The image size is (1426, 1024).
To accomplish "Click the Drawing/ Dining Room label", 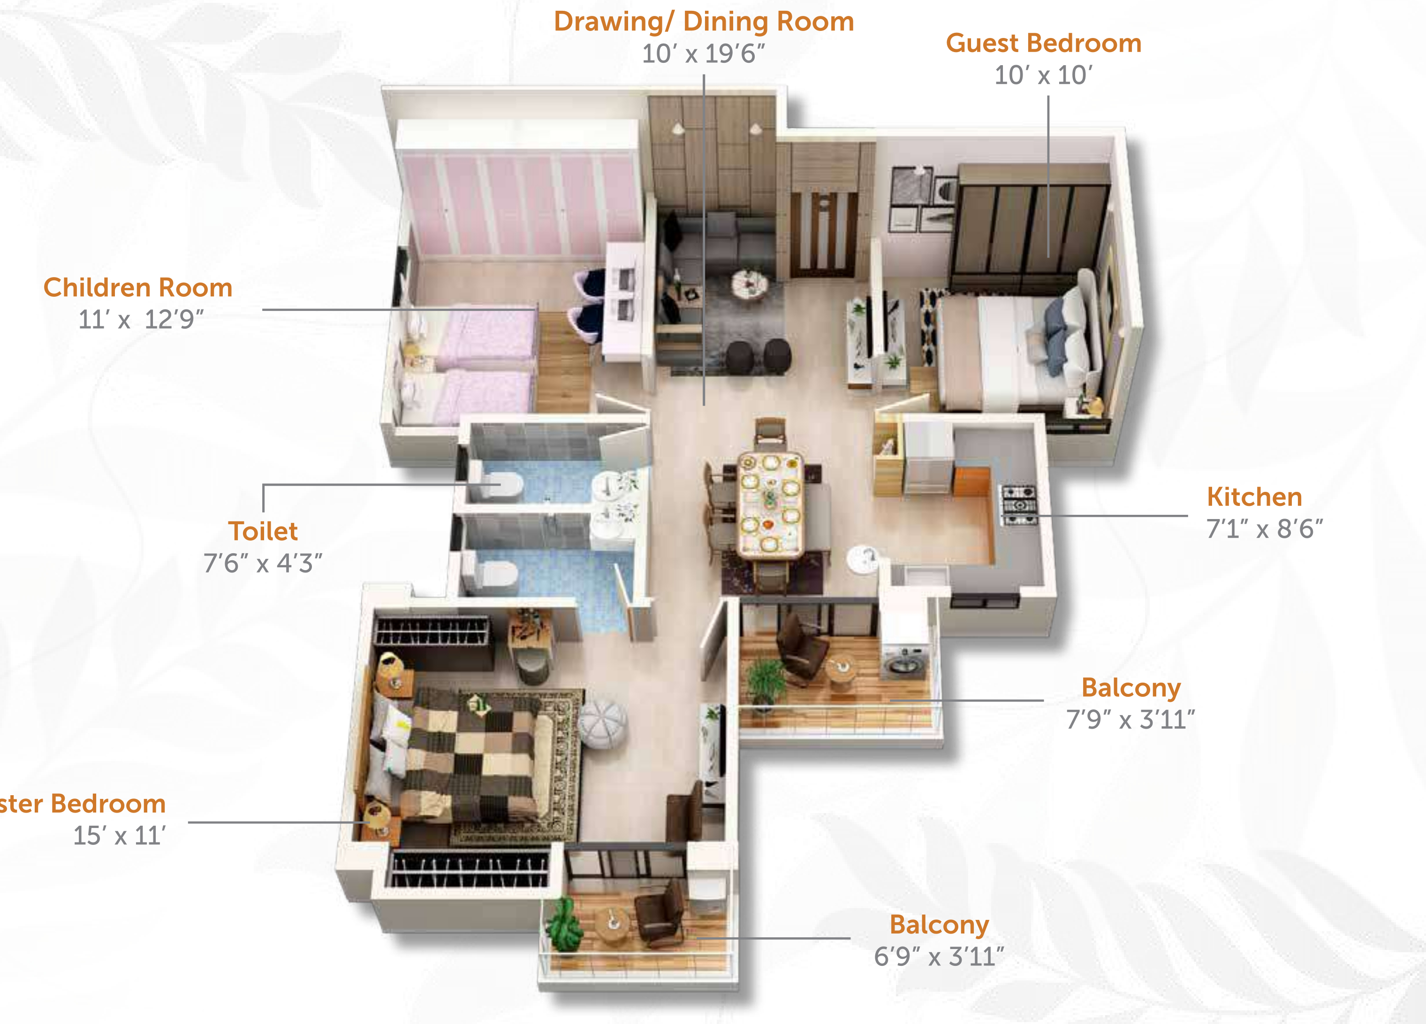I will (704, 22).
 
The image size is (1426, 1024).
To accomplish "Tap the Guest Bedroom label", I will (1044, 44).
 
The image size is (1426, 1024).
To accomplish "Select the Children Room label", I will (138, 288).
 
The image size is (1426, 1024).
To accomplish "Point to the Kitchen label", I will (1254, 497).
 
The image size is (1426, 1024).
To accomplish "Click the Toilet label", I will (263, 532).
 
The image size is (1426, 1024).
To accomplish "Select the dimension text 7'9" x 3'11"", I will (1130, 720).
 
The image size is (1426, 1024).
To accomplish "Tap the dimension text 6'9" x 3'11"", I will (939, 957).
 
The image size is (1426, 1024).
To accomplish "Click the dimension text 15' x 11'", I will (120, 836).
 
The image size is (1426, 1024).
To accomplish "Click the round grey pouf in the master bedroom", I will (602, 723).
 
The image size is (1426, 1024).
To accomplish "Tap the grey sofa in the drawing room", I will (717, 245).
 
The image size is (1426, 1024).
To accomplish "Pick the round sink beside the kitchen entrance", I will (863, 558).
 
